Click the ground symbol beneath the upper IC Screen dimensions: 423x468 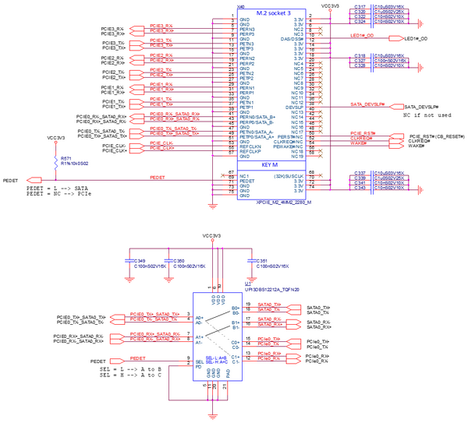click(212, 206)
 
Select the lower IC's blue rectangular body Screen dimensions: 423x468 click(218, 335)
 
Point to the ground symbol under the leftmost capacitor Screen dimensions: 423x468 click(130, 277)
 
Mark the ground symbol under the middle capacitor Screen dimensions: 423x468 click(168, 277)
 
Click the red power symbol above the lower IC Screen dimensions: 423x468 click(212, 241)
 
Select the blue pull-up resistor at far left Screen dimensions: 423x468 click(55, 161)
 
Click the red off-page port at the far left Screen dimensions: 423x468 click(32, 181)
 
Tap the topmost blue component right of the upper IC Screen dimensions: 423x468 click(372, 16)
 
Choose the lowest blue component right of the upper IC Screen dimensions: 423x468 click(372, 180)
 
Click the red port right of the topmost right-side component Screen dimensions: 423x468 click(420, 24)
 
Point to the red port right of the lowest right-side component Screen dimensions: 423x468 click(420, 190)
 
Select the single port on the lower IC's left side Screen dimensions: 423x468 click(116, 360)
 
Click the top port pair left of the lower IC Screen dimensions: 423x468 click(117, 319)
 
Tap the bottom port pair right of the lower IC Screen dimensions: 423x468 click(295, 358)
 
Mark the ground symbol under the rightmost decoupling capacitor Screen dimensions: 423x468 click(251, 277)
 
